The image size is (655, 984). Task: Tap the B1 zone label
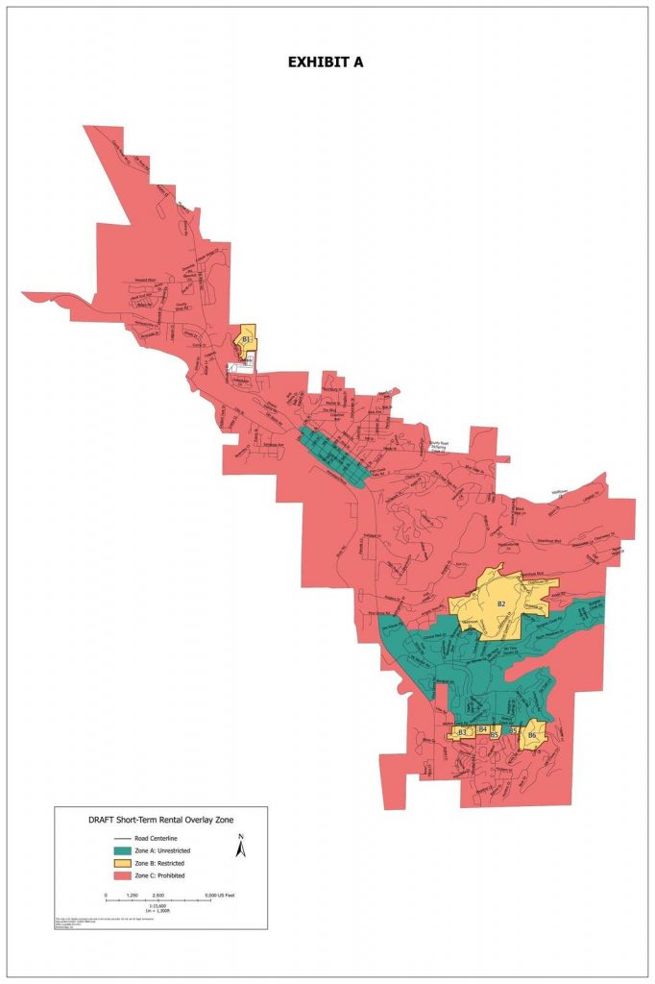[246, 340]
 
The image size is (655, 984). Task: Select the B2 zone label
[500, 604]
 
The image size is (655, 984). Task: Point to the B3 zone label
[462, 733]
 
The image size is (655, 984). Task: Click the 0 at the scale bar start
[106, 894]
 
